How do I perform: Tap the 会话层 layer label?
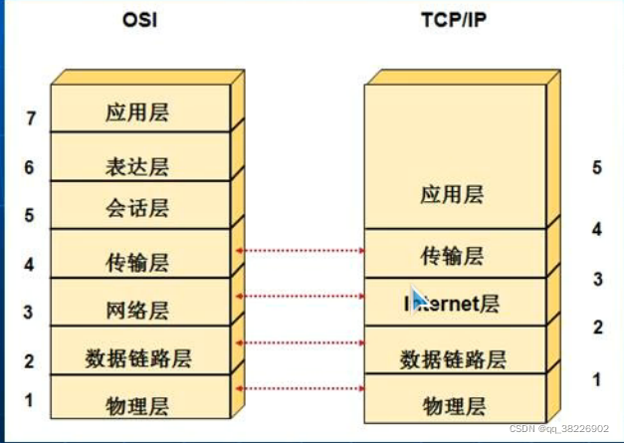tap(137, 208)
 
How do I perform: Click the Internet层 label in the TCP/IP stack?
tap(454, 303)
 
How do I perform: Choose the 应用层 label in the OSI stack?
tap(137, 112)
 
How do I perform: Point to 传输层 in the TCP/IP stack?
tap(452, 256)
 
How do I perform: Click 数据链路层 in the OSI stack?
tap(137, 356)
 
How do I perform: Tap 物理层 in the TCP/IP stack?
tap(454, 405)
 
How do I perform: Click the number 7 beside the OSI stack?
tap(31, 119)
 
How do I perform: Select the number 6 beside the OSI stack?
tap(30, 167)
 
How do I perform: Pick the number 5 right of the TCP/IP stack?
tap(596, 167)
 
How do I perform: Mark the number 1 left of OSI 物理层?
tap(29, 400)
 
